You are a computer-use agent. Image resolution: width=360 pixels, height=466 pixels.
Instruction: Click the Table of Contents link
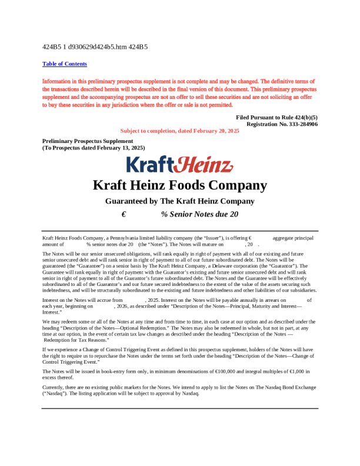coord(65,64)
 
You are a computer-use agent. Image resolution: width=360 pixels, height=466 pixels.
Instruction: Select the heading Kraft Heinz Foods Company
coord(179,185)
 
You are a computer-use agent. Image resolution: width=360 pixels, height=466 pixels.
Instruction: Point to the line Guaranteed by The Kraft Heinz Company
coord(179,201)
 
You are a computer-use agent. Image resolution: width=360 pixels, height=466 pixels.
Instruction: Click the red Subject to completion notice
coord(179,131)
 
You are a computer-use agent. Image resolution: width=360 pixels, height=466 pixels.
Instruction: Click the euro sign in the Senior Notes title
coord(124,215)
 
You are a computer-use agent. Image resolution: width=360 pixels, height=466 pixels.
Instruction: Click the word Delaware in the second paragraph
coord(220,265)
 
